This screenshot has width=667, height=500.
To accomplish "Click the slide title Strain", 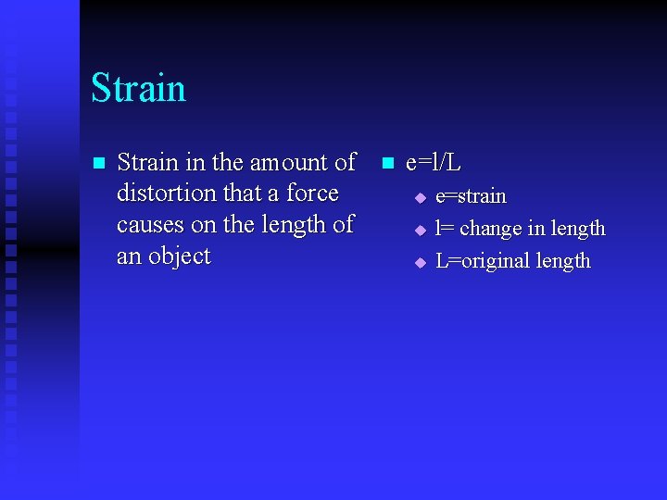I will point(138,89).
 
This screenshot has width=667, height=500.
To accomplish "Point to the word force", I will point(312,194).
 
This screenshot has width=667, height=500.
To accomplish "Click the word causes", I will point(150,225).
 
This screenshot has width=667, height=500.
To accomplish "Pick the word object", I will point(179,256).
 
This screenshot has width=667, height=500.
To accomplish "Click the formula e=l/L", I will point(434,163).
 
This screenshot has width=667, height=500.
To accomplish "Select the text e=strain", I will point(471,196).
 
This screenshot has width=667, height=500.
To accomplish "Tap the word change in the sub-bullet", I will point(490,229).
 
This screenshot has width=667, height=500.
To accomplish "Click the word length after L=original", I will point(562,261).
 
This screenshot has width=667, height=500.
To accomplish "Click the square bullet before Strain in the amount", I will point(100,164).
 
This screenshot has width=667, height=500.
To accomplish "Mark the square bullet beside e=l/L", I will point(386,164).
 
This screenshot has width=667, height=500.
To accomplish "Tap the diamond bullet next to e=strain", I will point(419,197).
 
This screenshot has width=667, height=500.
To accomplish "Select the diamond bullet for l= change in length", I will point(419,230).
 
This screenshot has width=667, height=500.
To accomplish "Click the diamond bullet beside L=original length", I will point(419,262).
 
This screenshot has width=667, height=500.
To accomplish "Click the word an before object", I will point(128,256).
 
